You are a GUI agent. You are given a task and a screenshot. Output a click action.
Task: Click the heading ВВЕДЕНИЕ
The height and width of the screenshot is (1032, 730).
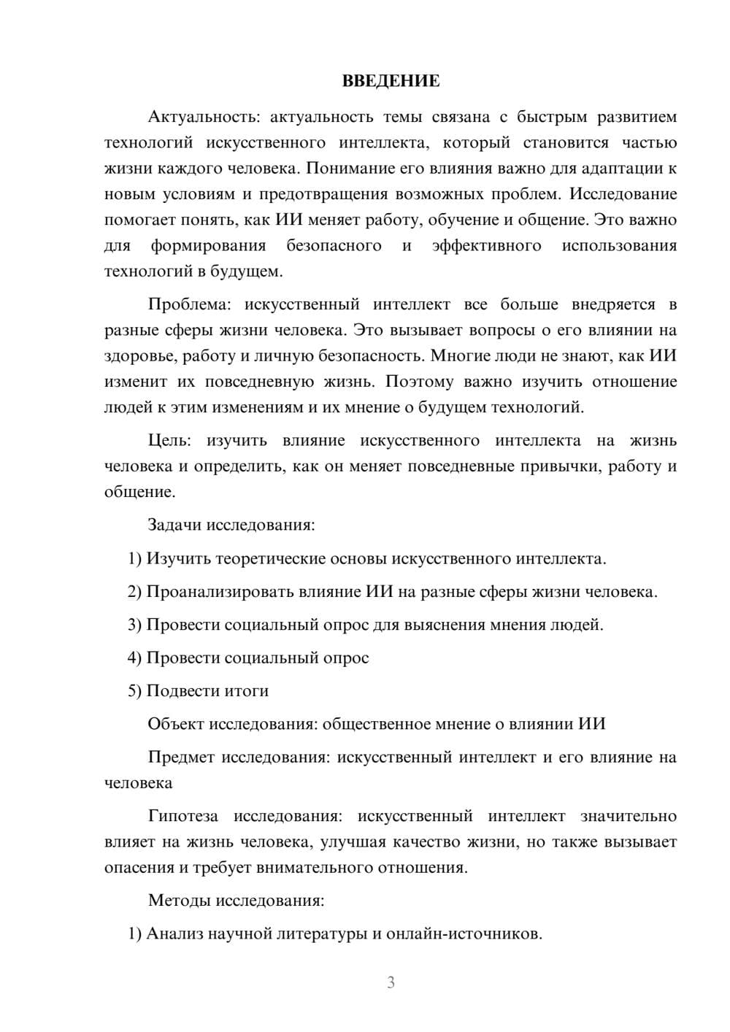coord(391,81)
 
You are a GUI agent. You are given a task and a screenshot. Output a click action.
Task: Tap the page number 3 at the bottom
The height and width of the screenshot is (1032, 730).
coord(391,982)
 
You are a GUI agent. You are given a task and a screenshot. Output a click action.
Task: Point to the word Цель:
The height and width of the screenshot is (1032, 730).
coord(169,440)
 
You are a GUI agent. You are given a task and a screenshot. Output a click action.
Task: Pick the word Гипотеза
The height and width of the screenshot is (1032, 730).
coord(183,815)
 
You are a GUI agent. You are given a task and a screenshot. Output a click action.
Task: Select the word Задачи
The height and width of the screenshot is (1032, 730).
coord(175,525)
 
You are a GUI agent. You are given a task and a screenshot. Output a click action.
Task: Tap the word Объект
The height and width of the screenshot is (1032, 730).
coord(176,723)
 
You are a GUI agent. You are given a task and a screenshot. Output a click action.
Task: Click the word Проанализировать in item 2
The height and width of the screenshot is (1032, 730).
coord(220,591)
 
